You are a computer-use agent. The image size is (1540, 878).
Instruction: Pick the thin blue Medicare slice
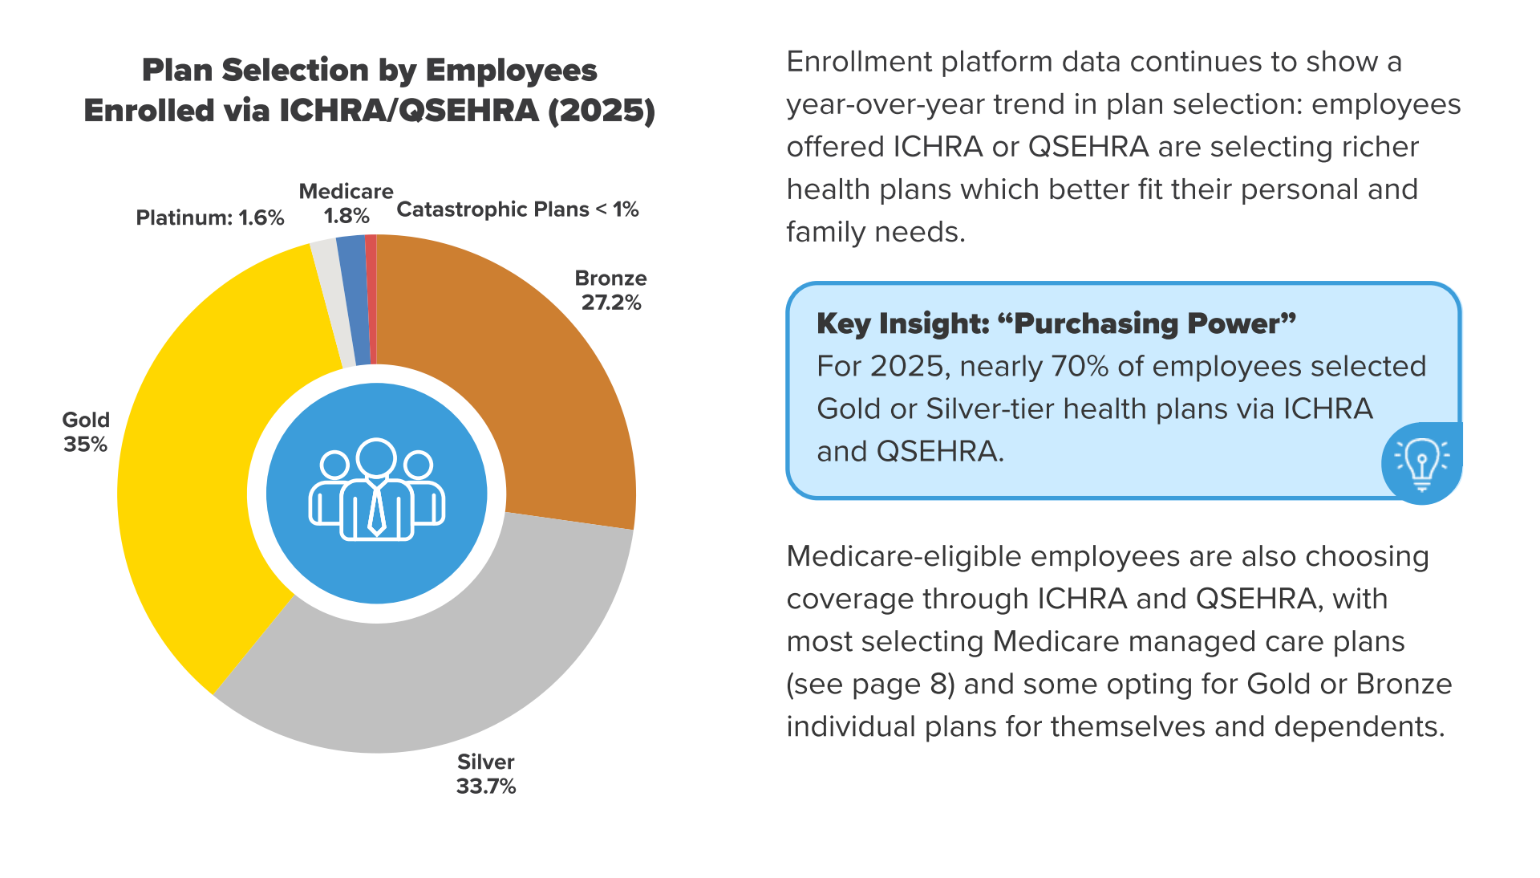tap(353, 301)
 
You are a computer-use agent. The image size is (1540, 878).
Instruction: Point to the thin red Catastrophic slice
tap(371, 301)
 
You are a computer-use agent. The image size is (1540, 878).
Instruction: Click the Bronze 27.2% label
tap(610, 291)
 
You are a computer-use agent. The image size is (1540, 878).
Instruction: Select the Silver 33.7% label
tap(485, 774)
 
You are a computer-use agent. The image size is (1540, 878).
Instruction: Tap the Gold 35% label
tap(86, 432)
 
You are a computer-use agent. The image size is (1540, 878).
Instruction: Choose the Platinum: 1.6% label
tap(210, 217)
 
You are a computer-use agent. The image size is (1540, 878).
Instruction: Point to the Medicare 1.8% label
tap(346, 204)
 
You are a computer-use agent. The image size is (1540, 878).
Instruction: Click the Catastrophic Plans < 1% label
tap(517, 209)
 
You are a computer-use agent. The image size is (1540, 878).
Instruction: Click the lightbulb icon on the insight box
tap(1421, 463)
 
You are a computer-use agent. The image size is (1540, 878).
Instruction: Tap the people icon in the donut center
tap(376, 491)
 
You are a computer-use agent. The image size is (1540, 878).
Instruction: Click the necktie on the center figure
tap(376, 510)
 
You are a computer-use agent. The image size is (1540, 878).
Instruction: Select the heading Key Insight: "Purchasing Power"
tap(1056, 323)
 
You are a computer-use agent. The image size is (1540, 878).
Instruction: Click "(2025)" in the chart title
tap(602, 111)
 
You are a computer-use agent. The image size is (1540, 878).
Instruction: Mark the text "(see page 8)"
tap(870, 685)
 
